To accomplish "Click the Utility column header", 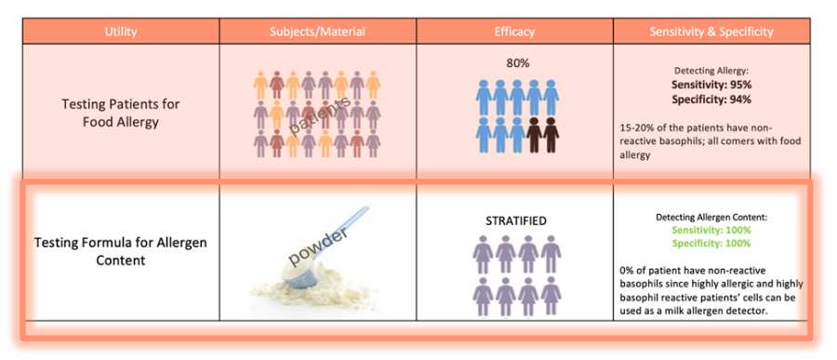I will [x=121, y=32].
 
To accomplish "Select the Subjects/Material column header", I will [x=318, y=32].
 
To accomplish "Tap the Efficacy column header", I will [x=514, y=32].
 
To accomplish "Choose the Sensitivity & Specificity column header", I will [x=711, y=32].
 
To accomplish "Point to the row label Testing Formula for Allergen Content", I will [x=121, y=251].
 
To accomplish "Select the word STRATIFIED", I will [x=514, y=220].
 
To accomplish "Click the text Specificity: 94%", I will [x=711, y=98].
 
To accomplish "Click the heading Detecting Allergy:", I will [x=711, y=71].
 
